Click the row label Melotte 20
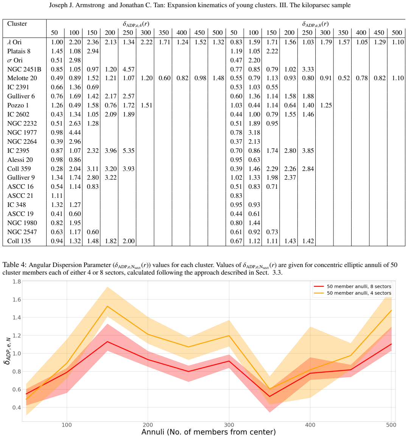click(22, 78)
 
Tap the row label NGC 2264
click(22, 141)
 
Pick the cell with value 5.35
click(129, 151)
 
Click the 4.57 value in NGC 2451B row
click(129, 69)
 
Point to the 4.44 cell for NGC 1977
click(75, 132)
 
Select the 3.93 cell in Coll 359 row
click(129, 169)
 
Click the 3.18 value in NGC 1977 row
click(254, 132)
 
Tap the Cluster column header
click(17, 24)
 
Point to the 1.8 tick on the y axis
click(17, 281)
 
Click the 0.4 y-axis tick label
click(17, 408)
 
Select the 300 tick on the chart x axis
click(229, 425)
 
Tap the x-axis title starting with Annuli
click(209, 432)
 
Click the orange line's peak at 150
click(107, 306)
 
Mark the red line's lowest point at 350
click(270, 396)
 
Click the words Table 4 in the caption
click(14, 265)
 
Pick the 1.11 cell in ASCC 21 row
click(57, 196)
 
